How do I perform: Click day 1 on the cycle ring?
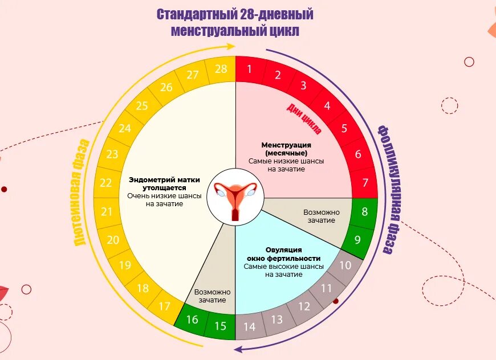click(249, 69)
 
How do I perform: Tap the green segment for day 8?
click(365, 212)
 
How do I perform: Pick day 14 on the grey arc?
click(249, 327)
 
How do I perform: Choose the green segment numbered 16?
click(192, 319)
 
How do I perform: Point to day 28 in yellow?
click(221, 69)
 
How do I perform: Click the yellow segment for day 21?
click(107, 212)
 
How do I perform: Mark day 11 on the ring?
click(326, 288)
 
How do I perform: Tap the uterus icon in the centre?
click(235, 197)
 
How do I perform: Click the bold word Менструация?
click(286, 145)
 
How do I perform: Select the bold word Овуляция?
click(283, 250)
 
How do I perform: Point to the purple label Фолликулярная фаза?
click(391, 188)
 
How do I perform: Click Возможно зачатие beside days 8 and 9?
click(322, 216)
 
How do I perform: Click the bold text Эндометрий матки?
click(164, 179)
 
